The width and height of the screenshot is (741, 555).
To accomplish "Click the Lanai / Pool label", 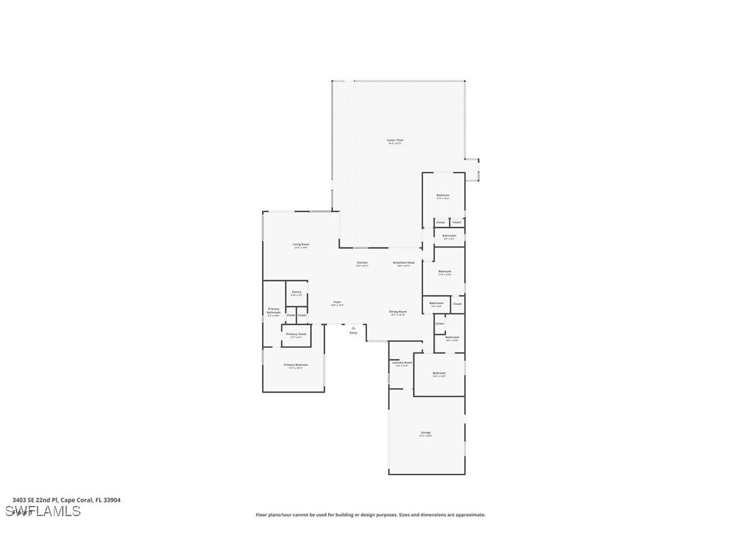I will [395, 140].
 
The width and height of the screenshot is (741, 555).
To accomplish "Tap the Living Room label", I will [301, 245].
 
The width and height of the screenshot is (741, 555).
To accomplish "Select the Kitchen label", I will [362, 262].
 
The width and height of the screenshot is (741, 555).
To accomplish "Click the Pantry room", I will [296, 293].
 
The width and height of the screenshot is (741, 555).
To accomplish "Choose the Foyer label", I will [337, 302].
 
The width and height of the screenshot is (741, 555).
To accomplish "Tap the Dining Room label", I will [398, 312].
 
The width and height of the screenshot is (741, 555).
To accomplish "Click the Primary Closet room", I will [296, 335].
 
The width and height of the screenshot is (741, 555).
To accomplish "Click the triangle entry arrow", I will [353, 327].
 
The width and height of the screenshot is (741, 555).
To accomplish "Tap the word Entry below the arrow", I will [353, 333].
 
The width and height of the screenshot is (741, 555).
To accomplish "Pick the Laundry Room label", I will [402, 363].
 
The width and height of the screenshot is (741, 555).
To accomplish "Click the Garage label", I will [426, 433].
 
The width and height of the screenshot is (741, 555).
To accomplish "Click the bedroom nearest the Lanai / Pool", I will [443, 196].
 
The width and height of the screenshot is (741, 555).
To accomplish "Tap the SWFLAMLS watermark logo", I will [43, 511].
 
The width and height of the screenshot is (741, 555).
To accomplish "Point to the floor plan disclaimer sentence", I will [370, 515].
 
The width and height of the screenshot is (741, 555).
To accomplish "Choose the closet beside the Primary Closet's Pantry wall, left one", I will [291, 315].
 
